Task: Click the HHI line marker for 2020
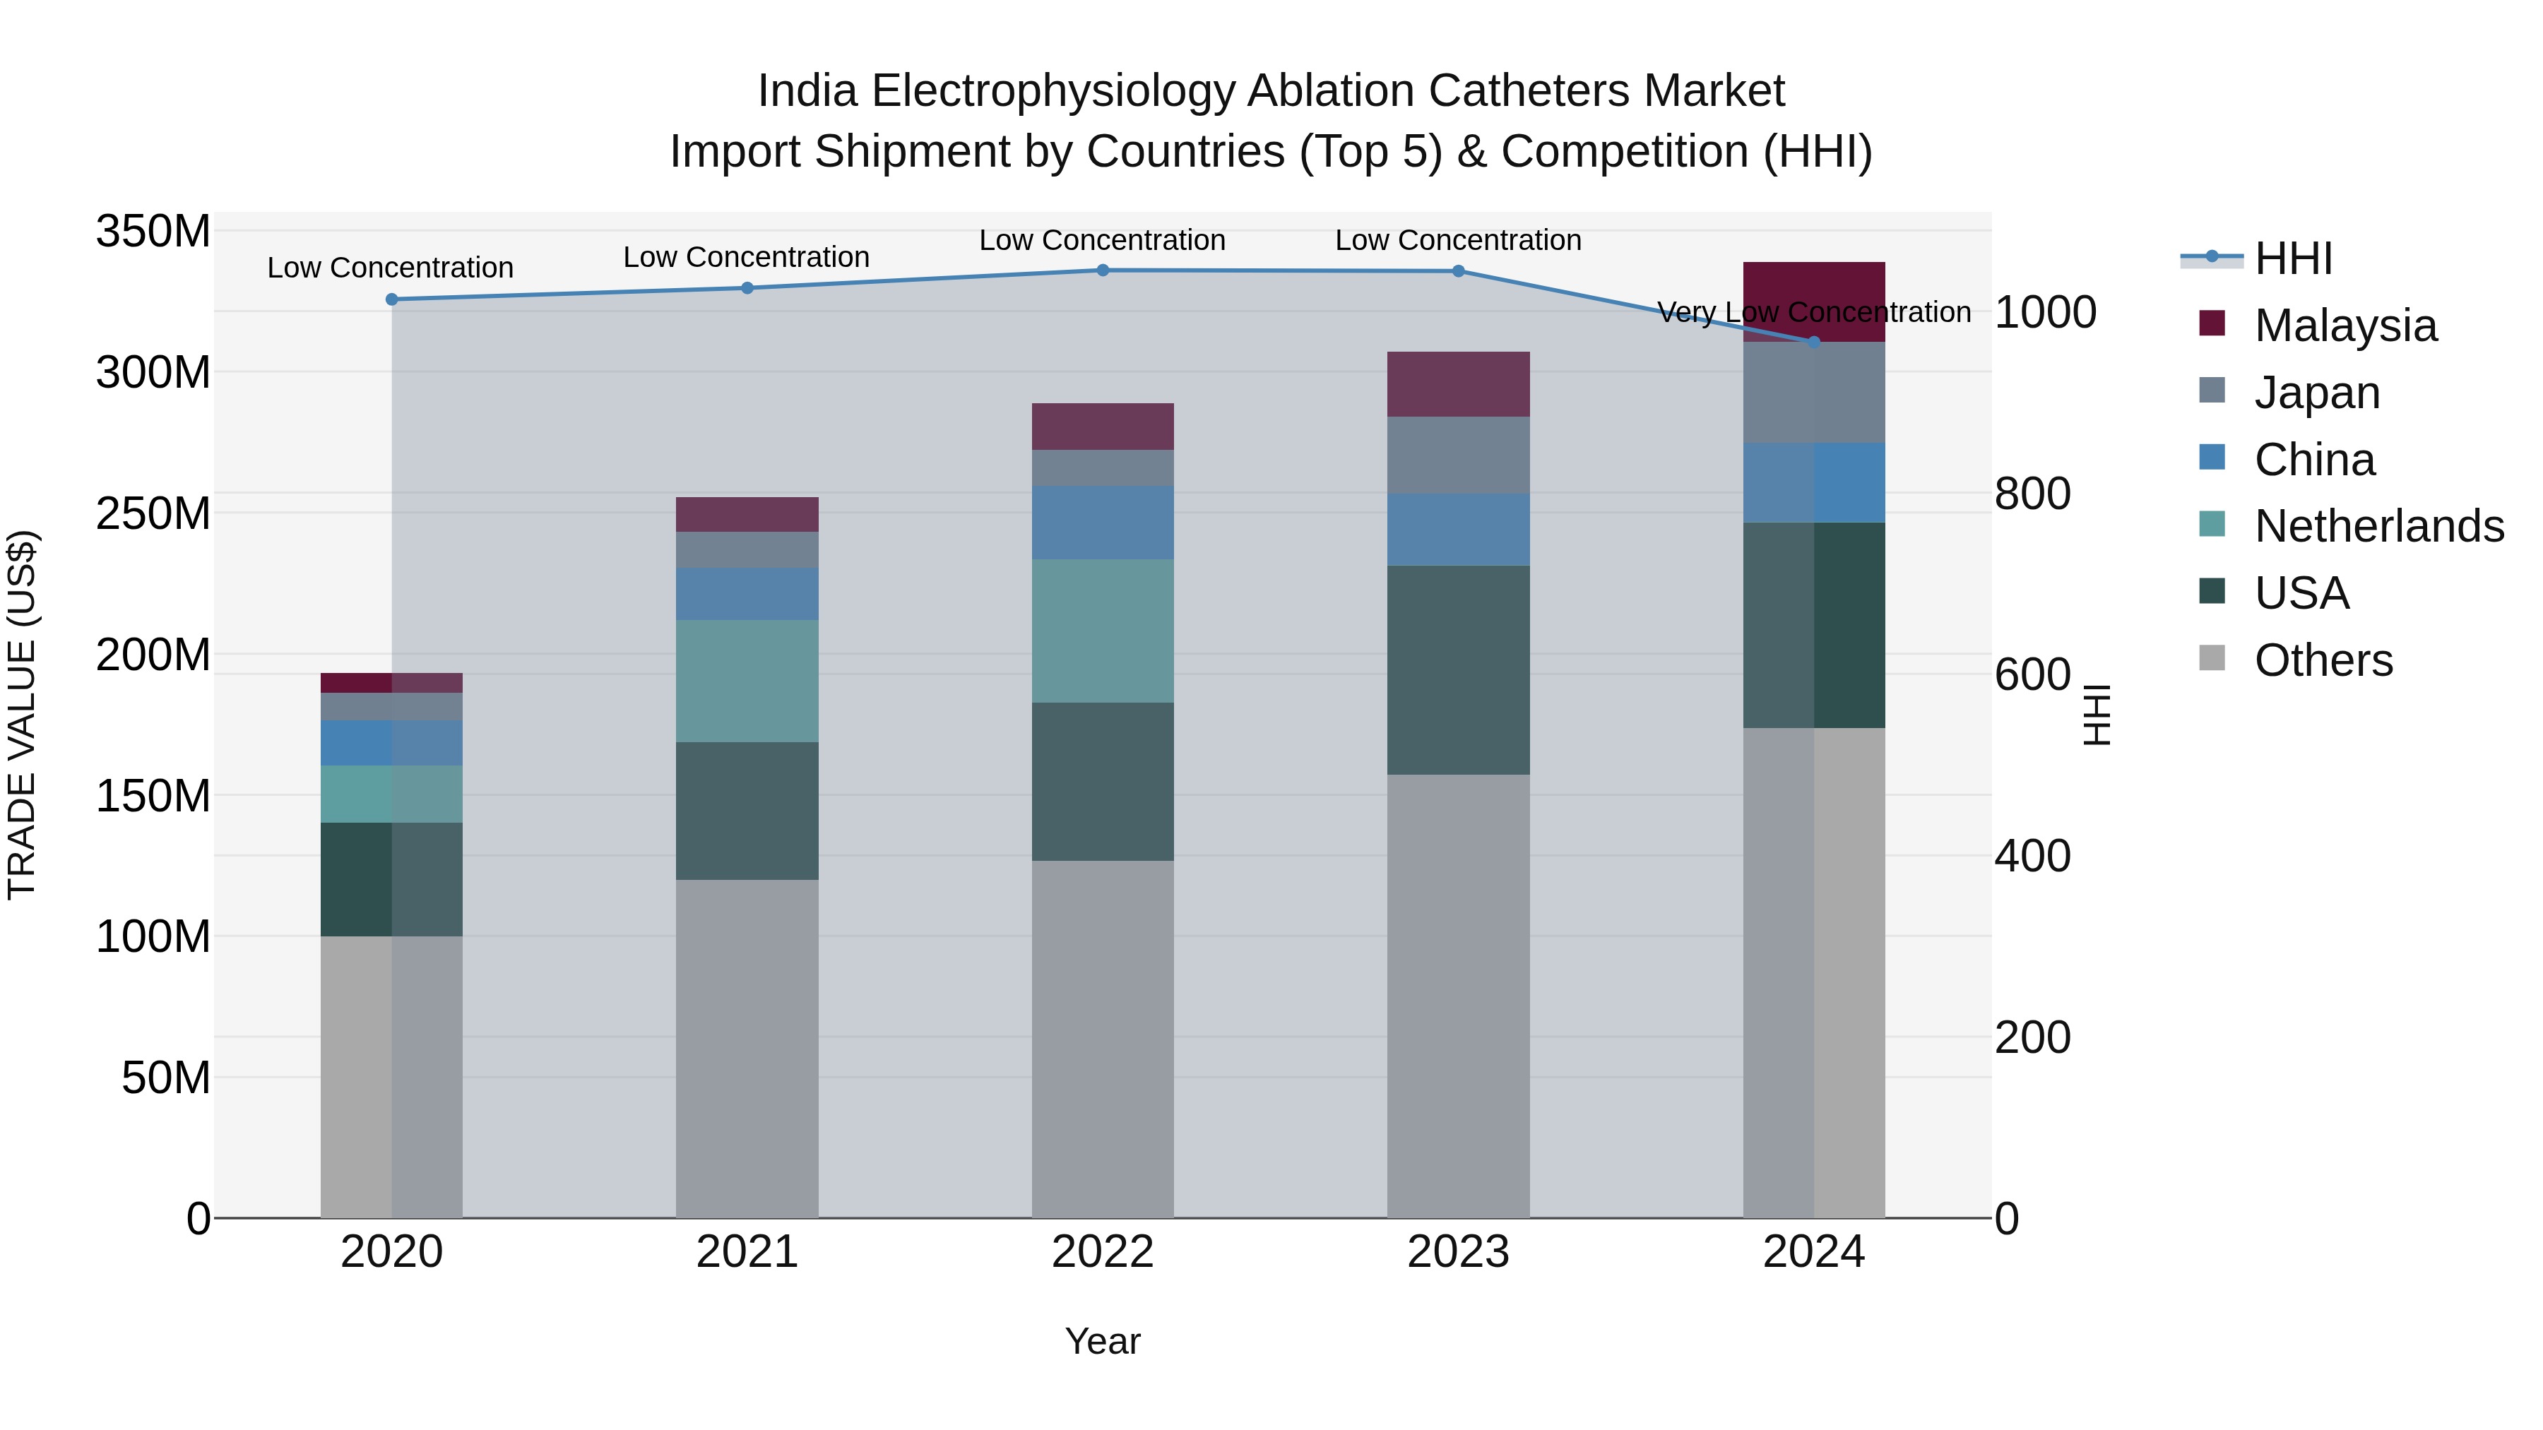pyautogui.click(x=392, y=299)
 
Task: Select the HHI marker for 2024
pyautogui.click(x=1813, y=342)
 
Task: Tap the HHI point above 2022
pyautogui.click(x=1103, y=270)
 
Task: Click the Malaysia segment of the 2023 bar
pyautogui.click(x=1458, y=384)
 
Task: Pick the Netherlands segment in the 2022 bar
pyautogui.click(x=1103, y=631)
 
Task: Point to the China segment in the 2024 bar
pyautogui.click(x=1813, y=482)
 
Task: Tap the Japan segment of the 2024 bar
pyautogui.click(x=1813, y=392)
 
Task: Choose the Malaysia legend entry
pyautogui.click(x=2345, y=326)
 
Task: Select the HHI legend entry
pyautogui.click(x=2292, y=258)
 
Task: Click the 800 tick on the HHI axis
pyautogui.click(x=2032, y=494)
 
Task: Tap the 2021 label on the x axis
pyautogui.click(x=747, y=1252)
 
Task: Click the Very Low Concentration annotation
pyautogui.click(x=1813, y=312)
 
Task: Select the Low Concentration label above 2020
pyautogui.click(x=390, y=268)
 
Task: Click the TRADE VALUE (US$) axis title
pyautogui.click(x=22, y=715)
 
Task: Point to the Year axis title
pyautogui.click(x=1103, y=1341)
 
